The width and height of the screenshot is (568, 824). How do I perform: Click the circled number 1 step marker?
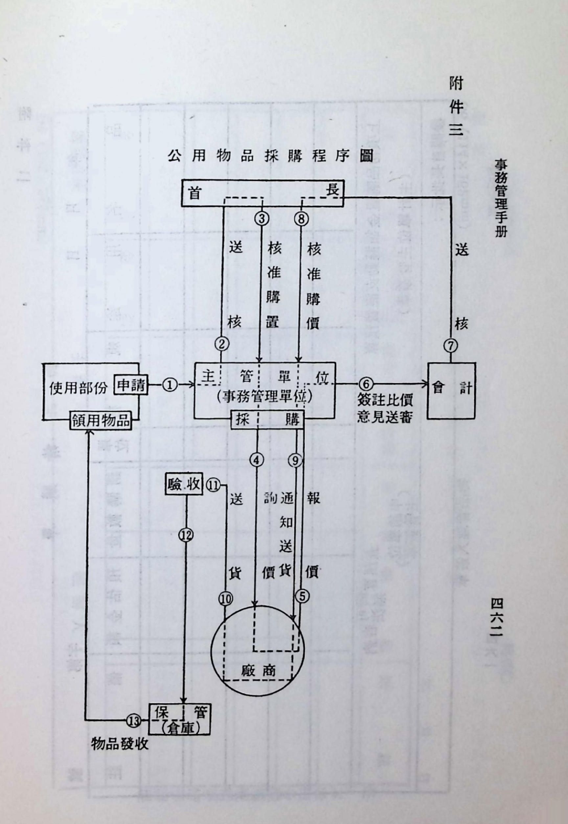170,385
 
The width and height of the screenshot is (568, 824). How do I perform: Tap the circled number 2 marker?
222,344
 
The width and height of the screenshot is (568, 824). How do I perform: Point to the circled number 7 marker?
451,345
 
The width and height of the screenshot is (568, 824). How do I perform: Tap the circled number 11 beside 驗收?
214,485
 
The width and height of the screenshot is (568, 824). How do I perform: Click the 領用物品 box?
101,422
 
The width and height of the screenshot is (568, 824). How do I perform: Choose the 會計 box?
451,390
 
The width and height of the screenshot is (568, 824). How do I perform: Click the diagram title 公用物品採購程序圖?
270,156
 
